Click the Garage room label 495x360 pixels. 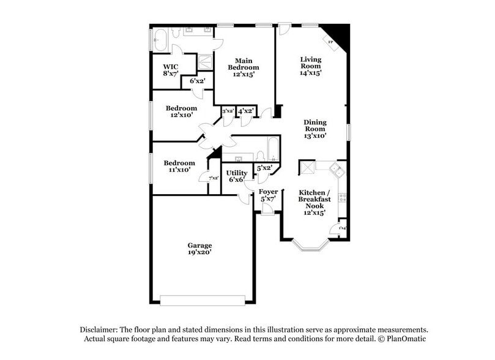click(x=199, y=249)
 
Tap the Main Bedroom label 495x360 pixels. click(x=244, y=67)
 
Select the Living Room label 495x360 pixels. click(x=310, y=66)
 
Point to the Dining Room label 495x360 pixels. click(x=315, y=129)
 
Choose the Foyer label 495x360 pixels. click(x=269, y=195)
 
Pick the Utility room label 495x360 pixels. click(x=236, y=176)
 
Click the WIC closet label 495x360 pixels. click(x=170, y=70)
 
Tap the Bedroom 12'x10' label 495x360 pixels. click(x=181, y=112)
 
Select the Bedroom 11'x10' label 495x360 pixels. click(x=179, y=166)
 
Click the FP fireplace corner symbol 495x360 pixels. click(x=331, y=42)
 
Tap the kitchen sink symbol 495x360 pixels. click(x=336, y=168)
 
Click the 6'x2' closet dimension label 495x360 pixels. click(x=197, y=81)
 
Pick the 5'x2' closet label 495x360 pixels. click(x=264, y=168)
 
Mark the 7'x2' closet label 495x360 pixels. click(x=214, y=178)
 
